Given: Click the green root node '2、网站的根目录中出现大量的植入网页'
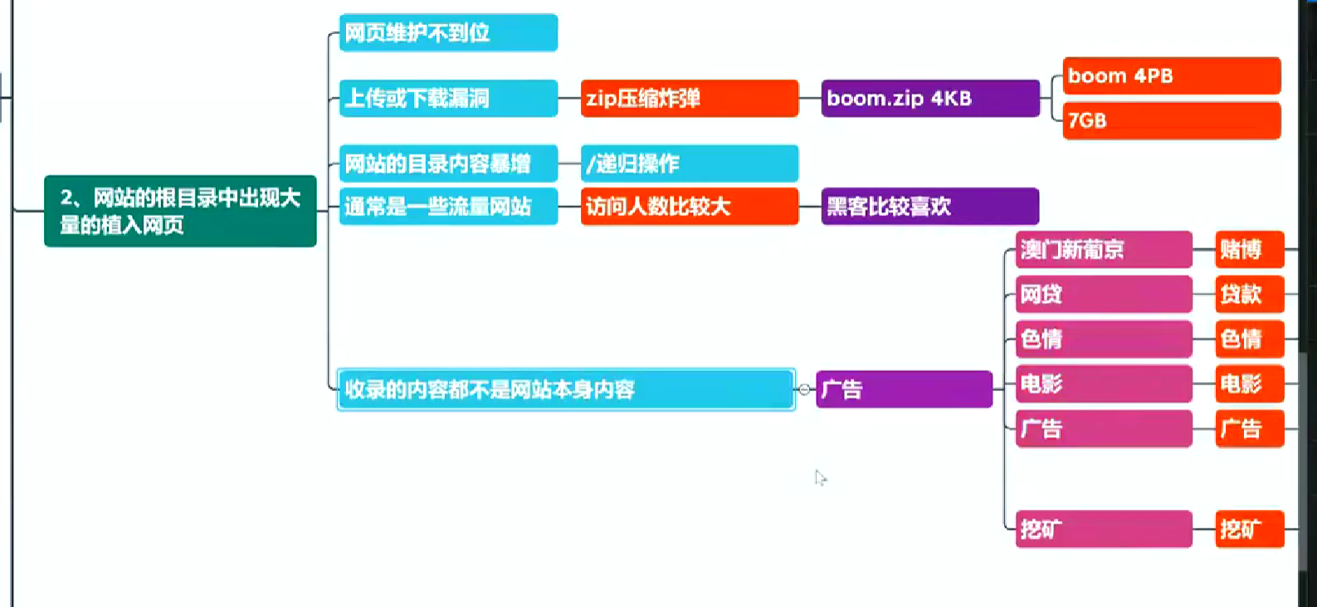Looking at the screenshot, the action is (180, 211).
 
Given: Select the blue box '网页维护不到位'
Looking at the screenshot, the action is (448, 32).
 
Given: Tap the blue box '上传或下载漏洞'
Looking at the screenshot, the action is (448, 98).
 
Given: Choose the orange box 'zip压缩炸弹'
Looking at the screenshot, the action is (689, 98).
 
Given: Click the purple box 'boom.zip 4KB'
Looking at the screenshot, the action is (929, 98).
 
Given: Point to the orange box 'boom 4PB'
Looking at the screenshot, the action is (1171, 76).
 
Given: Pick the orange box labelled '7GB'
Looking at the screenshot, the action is (1171, 120).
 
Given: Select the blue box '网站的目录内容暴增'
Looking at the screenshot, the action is (448, 164).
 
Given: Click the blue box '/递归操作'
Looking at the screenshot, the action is (689, 164).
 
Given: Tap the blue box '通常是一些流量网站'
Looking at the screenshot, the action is (448, 206).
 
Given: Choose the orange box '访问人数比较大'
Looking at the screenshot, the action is (689, 206).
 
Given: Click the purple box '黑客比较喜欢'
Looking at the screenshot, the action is (929, 206).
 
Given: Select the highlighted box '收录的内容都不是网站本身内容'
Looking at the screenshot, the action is (566, 389).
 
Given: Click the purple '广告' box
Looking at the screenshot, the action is (904, 389).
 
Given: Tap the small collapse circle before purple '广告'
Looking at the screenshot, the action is (804, 389).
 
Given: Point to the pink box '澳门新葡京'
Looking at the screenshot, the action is (1103, 249).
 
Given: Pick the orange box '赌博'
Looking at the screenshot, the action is (1249, 249).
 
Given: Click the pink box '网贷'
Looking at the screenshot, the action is (1103, 294).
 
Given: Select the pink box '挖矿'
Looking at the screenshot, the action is (1103, 529).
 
